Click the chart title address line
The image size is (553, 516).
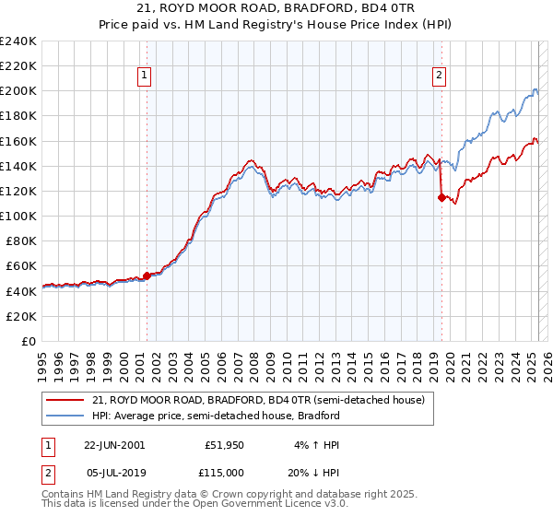click(x=276, y=8)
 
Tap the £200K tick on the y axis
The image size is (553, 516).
click(x=18, y=91)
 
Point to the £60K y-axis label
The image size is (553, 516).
click(x=21, y=265)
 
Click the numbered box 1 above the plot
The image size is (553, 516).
click(x=146, y=76)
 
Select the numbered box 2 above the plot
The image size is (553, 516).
click(x=439, y=76)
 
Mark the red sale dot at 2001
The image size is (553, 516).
click(x=147, y=276)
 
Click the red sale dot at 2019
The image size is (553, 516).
click(x=441, y=196)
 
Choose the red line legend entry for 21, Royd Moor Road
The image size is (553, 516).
click(x=258, y=401)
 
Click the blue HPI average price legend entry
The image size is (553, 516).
click(x=216, y=416)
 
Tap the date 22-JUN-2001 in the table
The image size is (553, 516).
click(x=114, y=444)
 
